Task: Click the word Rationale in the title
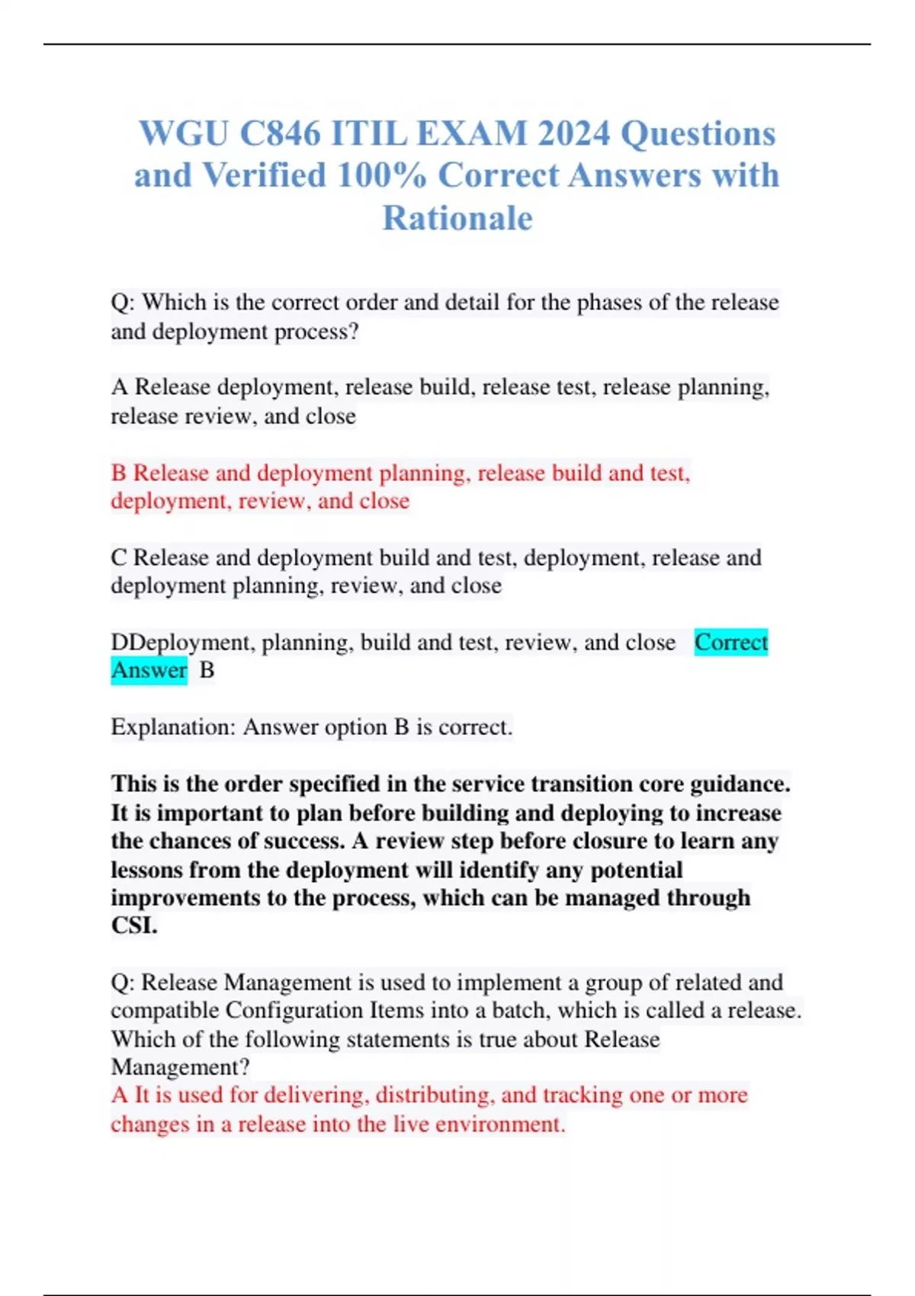pyautogui.click(x=457, y=218)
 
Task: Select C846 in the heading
pyautogui.click(x=280, y=133)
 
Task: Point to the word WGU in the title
pyautogui.click(x=183, y=133)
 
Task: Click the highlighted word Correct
pyautogui.click(x=730, y=642)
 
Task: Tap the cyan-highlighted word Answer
pyautogui.click(x=149, y=670)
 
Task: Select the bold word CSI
pyautogui.click(x=134, y=925)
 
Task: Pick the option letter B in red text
pyautogui.click(x=118, y=473)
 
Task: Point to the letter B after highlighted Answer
pyautogui.click(x=207, y=670)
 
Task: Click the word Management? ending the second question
pyautogui.click(x=180, y=1067)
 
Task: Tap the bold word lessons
pyautogui.click(x=147, y=870)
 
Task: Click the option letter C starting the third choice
pyautogui.click(x=118, y=557)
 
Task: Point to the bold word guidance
pyautogui.click(x=740, y=784)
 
